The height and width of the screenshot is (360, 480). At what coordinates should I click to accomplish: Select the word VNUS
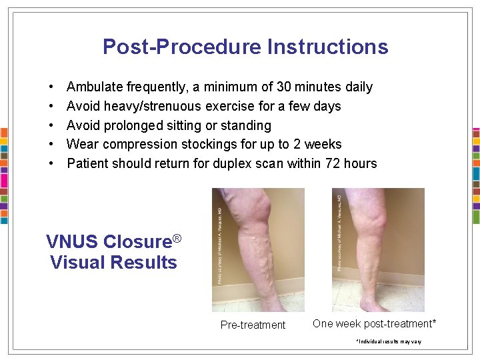tap(73, 241)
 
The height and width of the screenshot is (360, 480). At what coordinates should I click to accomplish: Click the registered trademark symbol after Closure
tap(177, 238)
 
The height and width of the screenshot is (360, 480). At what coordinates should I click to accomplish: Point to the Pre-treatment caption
tap(253, 325)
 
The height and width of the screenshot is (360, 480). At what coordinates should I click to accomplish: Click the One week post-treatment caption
tap(375, 323)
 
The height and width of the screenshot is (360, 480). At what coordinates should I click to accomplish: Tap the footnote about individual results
tap(389, 341)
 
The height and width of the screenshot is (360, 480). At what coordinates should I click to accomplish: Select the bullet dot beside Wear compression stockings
tap(52, 145)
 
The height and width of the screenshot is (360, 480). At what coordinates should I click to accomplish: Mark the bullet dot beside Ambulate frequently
tap(52, 87)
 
